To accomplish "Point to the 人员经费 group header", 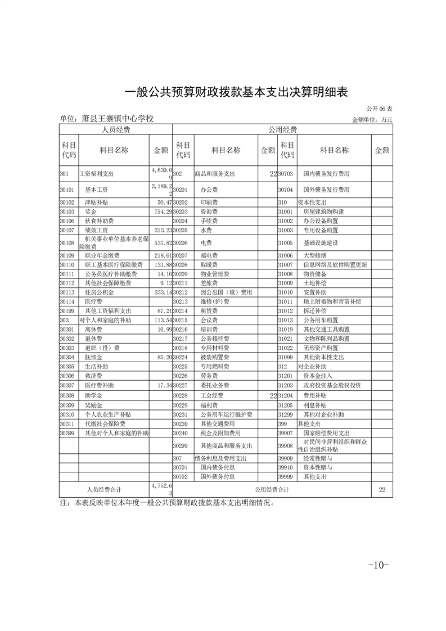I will pyautogui.click(x=115, y=130).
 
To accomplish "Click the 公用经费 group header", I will pyautogui.click(x=282, y=130).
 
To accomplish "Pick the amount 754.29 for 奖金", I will pyautogui.click(x=161, y=211).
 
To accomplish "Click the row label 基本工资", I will pyautogui.click(x=96, y=190).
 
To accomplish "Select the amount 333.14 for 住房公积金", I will pyautogui.click(x=161, y=292).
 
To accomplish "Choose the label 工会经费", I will pyautogui.click(x=212, y=395).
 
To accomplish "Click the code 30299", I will pyautogui.click(x=180, y=445).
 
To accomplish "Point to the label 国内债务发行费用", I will pyautogui.click(x=326, y=174).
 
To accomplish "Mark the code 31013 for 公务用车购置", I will pyautogui.click(x=286, y=319).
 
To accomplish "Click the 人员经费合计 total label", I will pyautogui.click(x=104, y=490).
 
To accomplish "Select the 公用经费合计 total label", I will pyautogui.click(x=272, y=490).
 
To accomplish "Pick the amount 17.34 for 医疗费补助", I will pyautogui.click(x=162, y=385).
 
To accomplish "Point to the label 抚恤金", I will pyautogui.click(x=93, y=357).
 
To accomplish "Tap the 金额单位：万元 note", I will pyautogui.click(x=372, y=120).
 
